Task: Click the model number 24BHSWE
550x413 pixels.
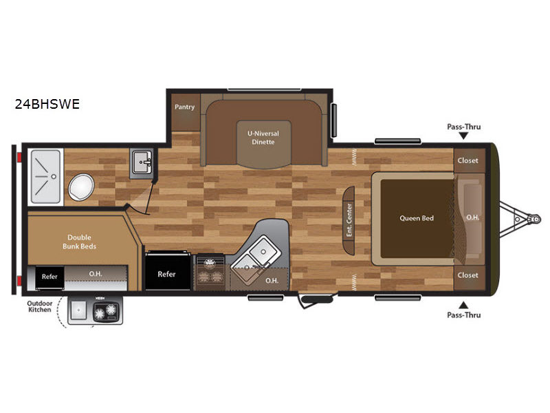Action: pyautogui.click(x=47, y=104)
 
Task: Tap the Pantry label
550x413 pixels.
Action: pyautogui.click(x=184, y=107)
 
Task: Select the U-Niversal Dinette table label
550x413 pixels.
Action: pyautogui.click(x=263, y=138)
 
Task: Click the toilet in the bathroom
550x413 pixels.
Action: pyautogui.click(x=81, y=187)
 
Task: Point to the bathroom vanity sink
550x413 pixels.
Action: pyautogui.click(x=142, y=162)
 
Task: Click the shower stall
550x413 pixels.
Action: pyautogui.click(x=45, y=177)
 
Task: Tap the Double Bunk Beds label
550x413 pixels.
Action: pyautogui.click(x=79, y=242)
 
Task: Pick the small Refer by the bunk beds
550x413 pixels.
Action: pyautogui.click(x=49, y=277)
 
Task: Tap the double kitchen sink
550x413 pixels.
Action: pyautogui.click(x=255, y=255)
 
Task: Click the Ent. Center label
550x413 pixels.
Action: pyautogui.click(x=349, y=220)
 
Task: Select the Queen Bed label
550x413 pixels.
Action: pyautogui.click(x=417, y=218)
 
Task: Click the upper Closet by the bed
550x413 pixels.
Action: pyautogui.click(x=467, y=160)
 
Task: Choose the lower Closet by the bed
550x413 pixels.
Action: pyautogui.click(x=467, y=275)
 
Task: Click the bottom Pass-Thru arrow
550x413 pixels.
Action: pyautogui.click(x=463, y=305)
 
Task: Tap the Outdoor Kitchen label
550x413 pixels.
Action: pyautogui.click(x=40, y=306)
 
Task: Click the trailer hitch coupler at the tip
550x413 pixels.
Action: pyautogui.click(x=536, y=219)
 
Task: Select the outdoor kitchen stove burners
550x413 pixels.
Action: pyautogui.click(x=106, y=310)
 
